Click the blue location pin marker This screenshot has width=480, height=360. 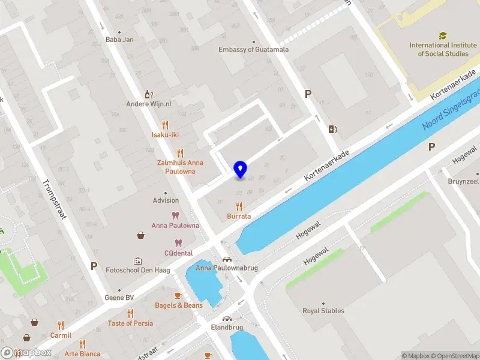(x=240, y=170)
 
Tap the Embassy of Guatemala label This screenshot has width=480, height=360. (x=253, y=50)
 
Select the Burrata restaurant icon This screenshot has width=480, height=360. (x=239, y=206)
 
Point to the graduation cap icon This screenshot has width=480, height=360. (x=442, y=36)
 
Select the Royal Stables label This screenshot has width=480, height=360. (x=323, y=311)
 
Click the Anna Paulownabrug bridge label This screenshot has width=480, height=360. (x=227, y=268)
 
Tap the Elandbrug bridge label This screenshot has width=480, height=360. (x=226, y=328)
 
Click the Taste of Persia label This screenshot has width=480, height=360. (x=130, y=323)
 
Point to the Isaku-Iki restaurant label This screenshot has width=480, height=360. (x=165, y=135)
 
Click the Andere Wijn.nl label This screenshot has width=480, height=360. (x=149, y=104)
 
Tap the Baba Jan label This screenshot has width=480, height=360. (x=119, y=40)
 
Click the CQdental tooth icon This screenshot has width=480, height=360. (x=178, y=243)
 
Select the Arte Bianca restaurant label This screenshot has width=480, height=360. (x=82, y=354)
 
